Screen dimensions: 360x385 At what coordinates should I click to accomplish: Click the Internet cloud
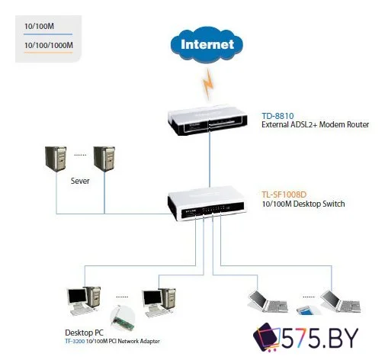pos(207,44)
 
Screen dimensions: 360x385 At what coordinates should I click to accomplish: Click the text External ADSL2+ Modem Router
pos(310,124)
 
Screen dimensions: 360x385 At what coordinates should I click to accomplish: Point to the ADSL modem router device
pos(208,123)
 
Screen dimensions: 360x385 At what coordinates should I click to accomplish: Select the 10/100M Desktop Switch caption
pos(303,204)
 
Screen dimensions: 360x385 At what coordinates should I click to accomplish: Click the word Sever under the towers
pos(81,182)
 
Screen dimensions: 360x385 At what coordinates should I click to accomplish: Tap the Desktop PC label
pos(85,333)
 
